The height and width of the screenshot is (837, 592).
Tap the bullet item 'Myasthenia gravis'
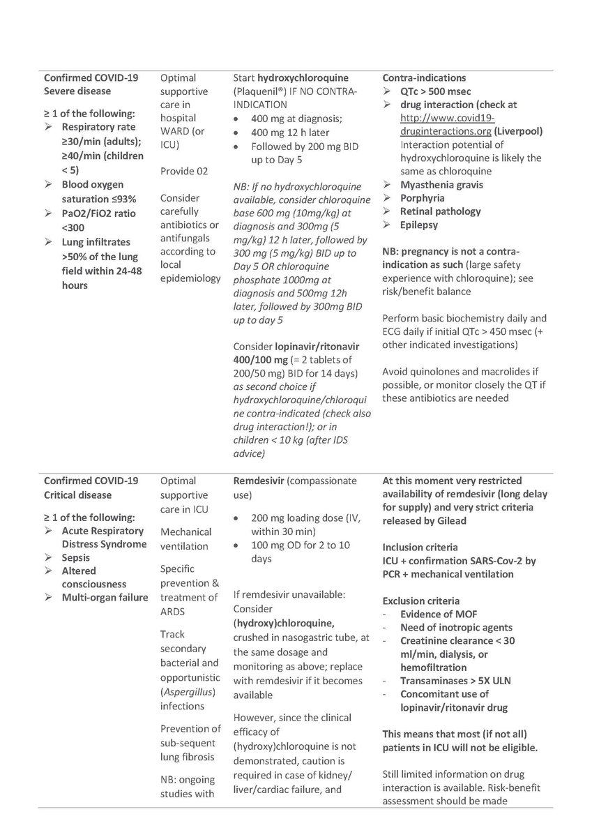[x=441, y=185]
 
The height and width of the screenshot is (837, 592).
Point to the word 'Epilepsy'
[x=420, y=225]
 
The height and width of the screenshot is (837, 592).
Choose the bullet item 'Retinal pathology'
[x=441, y=211]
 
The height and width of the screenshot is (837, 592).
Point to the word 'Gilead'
[x=452, y=521]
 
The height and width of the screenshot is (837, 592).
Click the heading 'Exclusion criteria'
[x=424, y=601]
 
